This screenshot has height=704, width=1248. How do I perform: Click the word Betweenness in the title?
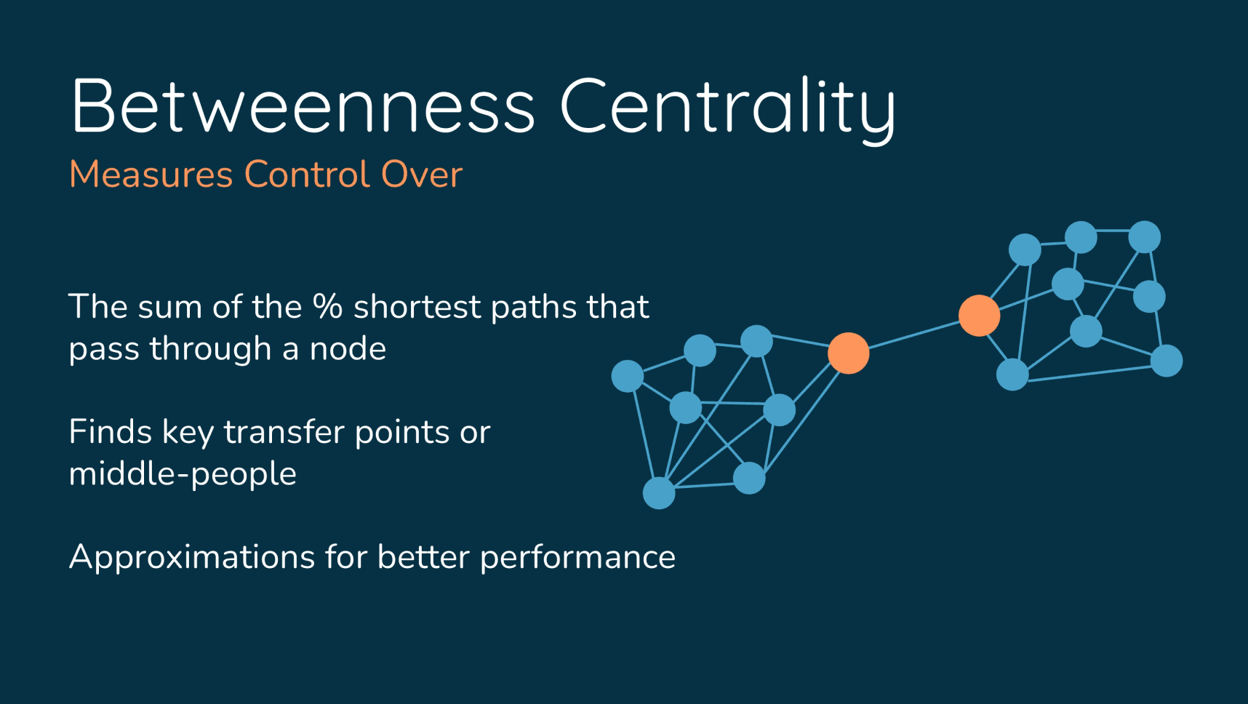pyautogui.click(x=303, y=106)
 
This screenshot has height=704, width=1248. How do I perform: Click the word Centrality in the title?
pyautogui.click(x=728, y=109)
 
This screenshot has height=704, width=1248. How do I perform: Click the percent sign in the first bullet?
pyautogui.click(x=327, y=306)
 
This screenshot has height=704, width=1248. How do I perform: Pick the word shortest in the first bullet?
pyautogui.click(x=417, y=307)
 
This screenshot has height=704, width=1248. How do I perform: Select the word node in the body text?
pyautogui.click(x=348, y=349)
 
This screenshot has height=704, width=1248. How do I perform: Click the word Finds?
pyautogui.click(x=110, y=432)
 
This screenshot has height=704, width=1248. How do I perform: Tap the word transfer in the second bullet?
pyautogui.click(x=284, y=432)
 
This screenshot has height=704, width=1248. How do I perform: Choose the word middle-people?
pyautogui.click(x=183, y=474)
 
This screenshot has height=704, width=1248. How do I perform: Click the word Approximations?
pyautogui.click(x=192, y=558)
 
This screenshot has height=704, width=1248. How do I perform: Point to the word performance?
pyautogui.click(x=577, y=558)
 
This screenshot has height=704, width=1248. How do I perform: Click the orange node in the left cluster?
pyautogui.click(x=849, y=353)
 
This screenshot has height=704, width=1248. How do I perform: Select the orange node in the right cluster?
pyautogui.click(x=980, y=316)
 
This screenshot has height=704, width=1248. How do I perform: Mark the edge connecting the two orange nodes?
pyautogui.click(x=914, y=335)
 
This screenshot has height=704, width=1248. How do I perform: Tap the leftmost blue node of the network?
pyautogui.click(x=628, y=376)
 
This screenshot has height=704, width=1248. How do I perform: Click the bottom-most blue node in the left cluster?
pyautogui.click(x=659, y=493)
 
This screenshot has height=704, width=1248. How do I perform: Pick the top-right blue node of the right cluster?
pyautogui.click(x=1145, y=237)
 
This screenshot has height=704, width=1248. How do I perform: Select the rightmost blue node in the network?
pyautogui.click(x=1167, y=361)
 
